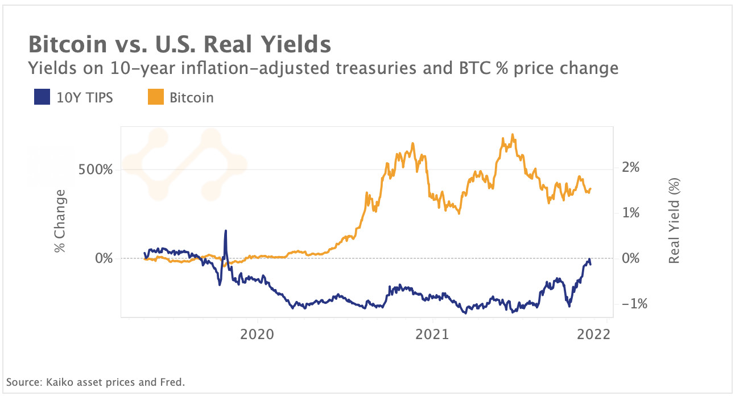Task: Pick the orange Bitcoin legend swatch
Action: tap(155, 97)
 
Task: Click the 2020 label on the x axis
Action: tap(258, 334)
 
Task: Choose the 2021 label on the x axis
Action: tap(432, 334)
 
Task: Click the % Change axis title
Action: tap(60, 221)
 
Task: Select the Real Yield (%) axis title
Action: tap(674, 221)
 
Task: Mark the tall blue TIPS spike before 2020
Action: tap(226, 232)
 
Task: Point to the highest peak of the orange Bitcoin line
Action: tap(513, 135)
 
